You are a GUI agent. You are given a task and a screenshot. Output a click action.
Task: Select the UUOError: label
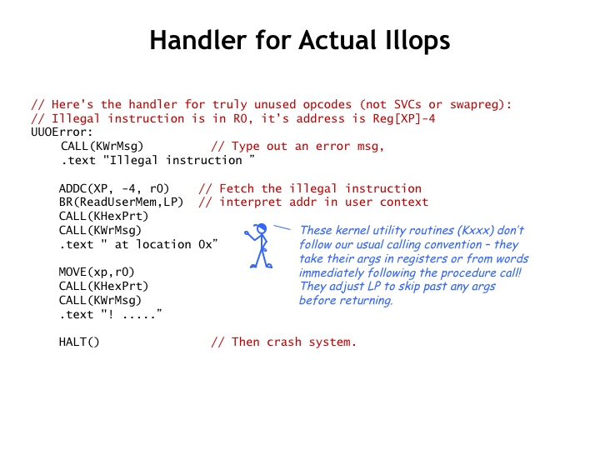pyautogui.click(x=62, y=132)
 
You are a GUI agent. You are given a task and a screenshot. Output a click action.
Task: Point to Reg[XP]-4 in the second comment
pyautogui.click(x=404, y=118)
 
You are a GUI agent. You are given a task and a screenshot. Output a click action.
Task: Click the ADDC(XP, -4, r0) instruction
pyautogui.click(x=114, y=188)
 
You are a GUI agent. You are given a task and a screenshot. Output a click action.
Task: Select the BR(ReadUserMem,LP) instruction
pyautogui.click(x=122, y=202)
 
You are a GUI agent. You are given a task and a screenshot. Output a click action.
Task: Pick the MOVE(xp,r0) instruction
pyautogui.click(x=97, y=272)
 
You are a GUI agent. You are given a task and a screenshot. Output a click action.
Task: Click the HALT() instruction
pyautogui.click(x=79, y=342)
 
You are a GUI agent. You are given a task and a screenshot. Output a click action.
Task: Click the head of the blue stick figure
pyautogui.click(x=262, y=228)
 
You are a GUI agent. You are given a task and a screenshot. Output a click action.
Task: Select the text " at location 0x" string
pyautogui.click(x=159, y=244)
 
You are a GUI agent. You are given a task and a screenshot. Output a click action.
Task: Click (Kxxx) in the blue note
pyautogui.click(x=476, y=230)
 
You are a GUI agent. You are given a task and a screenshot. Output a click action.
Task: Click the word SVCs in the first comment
pyautogui.click(x=407, y=104)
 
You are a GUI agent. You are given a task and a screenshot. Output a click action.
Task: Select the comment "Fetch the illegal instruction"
pyautogui.click(x=320, y=188)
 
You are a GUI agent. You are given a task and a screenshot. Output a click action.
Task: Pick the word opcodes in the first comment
pyautogui.click(x=327, y=105)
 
